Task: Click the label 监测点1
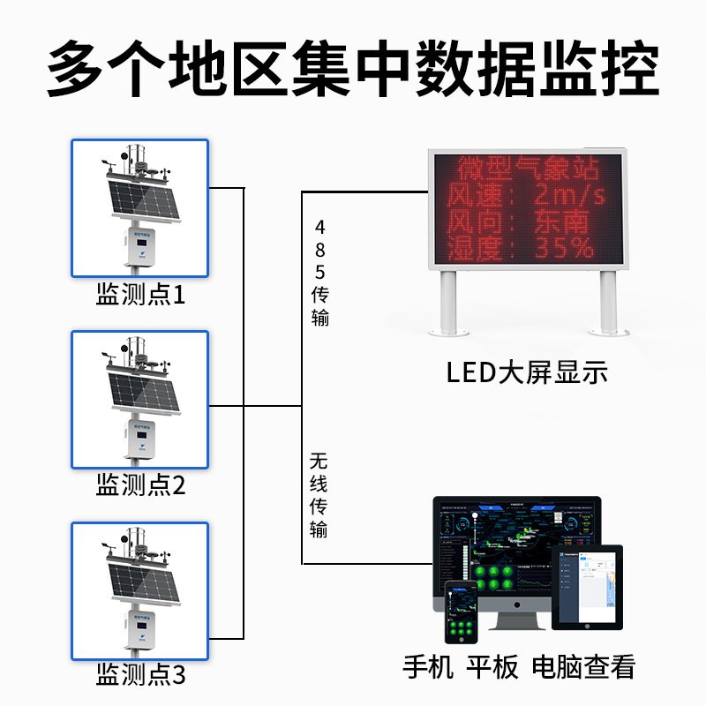141,295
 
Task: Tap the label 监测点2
141,484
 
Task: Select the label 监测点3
141,677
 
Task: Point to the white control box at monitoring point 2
141,439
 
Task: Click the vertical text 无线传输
319,494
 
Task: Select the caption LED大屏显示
527,373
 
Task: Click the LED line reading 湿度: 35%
521,248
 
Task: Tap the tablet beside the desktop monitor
587,586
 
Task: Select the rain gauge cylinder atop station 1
138,156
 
